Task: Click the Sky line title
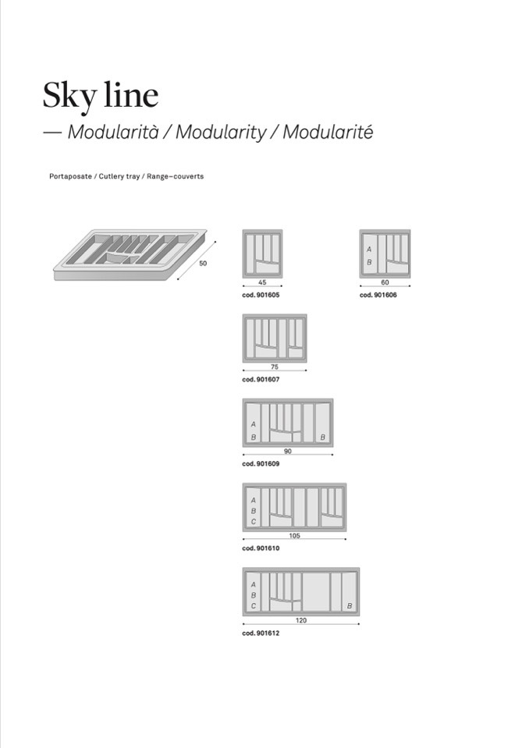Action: coord(100,95)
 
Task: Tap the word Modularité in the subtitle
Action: coord(328,132)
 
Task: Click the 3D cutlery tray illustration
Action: coord(130,253)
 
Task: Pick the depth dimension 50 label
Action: coord(203,264)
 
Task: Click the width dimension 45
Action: coord(262,283)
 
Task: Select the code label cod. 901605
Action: coord(261,296)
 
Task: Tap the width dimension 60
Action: coord(385,283)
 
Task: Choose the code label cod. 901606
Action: coord(378,296)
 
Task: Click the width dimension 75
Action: coord(274,367)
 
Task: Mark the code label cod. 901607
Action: coord(261,379)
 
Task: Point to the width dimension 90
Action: coord(287,451)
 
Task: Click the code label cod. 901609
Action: coord(261,463)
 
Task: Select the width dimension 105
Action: coord(294,536)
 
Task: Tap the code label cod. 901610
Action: coord(261,548)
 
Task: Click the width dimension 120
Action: coord(301,620)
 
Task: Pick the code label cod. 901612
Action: coord(261,633)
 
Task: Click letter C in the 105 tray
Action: coord(253,521)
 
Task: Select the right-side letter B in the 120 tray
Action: coord(349,606)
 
